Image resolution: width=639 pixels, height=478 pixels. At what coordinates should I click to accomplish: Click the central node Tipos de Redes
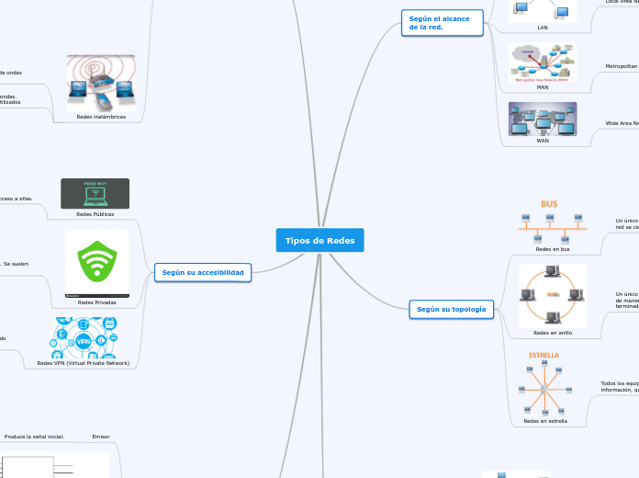coord(319,240)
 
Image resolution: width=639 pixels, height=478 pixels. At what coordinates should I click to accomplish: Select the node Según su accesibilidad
coord(203,272)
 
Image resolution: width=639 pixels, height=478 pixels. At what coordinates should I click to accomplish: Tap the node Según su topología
coord(451,310)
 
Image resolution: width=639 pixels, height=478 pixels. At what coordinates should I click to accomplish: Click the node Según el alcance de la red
coord(443,23)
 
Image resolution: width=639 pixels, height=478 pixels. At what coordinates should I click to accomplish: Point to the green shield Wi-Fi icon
coord(96,261)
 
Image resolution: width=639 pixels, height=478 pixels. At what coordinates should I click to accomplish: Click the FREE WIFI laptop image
coord(95,193)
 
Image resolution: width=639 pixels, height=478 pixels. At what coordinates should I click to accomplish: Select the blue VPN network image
coord(84,337)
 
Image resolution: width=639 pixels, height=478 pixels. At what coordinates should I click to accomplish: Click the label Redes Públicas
coord(95,213)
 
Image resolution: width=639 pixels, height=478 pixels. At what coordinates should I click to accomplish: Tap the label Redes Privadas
coord(97,302)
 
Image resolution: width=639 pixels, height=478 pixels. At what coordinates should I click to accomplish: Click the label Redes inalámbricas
coord(101,117)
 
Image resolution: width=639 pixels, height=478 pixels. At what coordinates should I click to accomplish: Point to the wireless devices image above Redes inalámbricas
coord(101,83)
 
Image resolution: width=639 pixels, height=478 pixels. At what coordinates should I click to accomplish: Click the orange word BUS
coord(549,203)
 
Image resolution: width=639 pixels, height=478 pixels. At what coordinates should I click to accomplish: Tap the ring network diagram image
coord(552,295)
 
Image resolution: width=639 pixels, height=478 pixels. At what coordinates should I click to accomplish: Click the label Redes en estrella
coord(544,421)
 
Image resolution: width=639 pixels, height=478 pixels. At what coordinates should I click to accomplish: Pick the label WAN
coord(543,141)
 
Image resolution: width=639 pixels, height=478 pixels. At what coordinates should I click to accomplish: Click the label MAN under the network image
coord(543,86)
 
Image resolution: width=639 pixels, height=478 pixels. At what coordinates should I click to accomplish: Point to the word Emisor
coord(101,437)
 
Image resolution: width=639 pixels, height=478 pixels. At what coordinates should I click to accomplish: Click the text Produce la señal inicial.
coord(34,437)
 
